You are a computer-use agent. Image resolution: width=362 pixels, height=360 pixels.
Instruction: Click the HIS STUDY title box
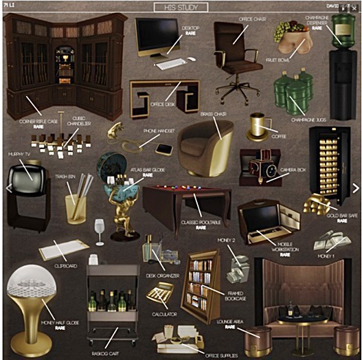[x=181, y=8]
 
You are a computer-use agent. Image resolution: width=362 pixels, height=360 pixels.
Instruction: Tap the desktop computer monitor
[x=157, y=35]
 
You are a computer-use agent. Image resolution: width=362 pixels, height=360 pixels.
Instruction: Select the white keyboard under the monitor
[x=171, y=64]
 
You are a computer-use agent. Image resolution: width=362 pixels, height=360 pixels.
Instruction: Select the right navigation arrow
[x=355, y=187]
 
